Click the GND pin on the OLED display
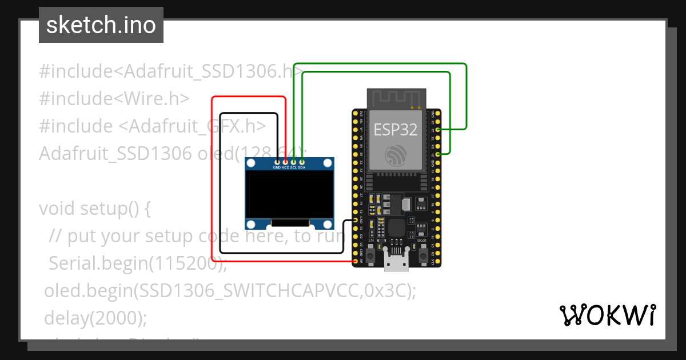277,163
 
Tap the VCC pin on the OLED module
285,163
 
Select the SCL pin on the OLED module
293,163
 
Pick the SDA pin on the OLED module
301,163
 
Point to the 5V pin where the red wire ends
356,261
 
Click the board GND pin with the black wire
356,220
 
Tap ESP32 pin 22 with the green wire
438,130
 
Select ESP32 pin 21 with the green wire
438,154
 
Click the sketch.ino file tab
101,25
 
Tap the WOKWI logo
607,315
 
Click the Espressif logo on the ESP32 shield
396,155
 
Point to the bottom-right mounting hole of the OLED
328,223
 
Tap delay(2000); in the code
95,318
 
